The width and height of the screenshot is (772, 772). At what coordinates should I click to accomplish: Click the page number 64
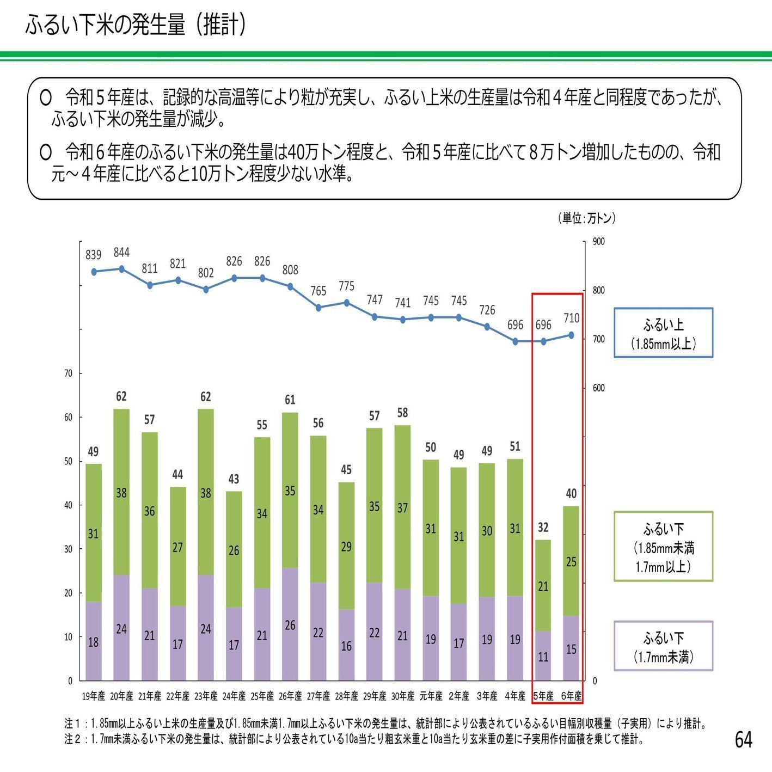(743, 739)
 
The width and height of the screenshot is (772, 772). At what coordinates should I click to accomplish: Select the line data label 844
(121, 253)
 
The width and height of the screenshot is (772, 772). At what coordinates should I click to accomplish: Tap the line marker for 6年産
(571, 335)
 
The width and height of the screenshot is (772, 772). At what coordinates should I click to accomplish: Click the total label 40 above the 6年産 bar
(571, 494)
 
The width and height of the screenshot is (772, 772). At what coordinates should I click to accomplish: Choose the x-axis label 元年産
(431, 696)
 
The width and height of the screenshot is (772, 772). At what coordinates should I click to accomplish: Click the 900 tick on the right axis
(598, 242)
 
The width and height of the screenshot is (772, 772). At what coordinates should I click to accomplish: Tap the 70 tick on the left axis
(68, 373)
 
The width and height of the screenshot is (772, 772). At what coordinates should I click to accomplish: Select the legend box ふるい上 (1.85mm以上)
(663, 333)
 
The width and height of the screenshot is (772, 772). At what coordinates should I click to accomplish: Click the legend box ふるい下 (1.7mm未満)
(663, 646)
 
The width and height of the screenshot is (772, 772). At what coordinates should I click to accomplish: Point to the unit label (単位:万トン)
(587, 218)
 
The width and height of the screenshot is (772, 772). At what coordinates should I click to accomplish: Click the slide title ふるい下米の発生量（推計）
(136, 25)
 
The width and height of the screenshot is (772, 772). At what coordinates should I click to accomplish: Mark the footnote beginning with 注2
(354, 739)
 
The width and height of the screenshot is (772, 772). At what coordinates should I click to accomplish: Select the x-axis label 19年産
(94, 696)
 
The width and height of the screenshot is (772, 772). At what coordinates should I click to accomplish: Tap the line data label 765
(318, 291)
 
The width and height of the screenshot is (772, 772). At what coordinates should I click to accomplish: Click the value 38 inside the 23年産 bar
(205, 493)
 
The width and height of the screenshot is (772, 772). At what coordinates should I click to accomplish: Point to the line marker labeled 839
(94, 272)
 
